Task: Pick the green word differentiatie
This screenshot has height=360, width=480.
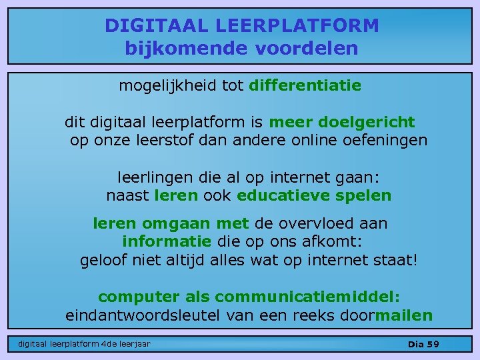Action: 305,85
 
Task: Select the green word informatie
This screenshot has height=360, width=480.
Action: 167,241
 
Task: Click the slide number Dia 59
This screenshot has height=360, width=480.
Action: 423,344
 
